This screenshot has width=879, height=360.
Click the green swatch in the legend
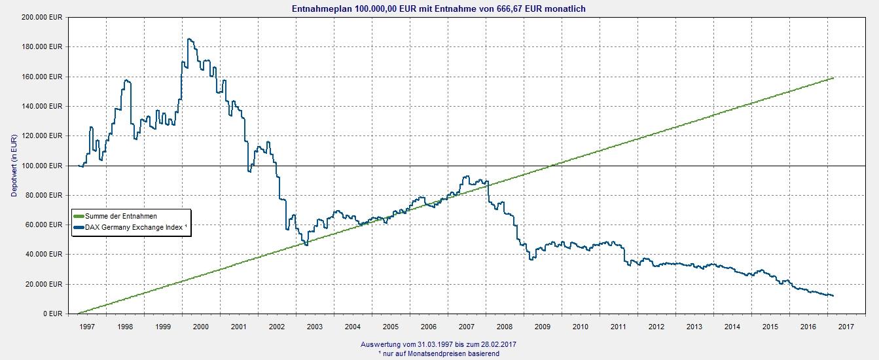coord(79,216)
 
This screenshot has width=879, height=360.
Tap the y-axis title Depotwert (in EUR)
coord(13,165)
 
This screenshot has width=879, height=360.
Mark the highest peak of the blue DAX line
coord(188,39)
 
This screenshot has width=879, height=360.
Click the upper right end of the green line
coord(833,78)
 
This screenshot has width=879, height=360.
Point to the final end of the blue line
coord(833,296)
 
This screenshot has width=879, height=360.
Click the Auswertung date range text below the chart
coord(442,344)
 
